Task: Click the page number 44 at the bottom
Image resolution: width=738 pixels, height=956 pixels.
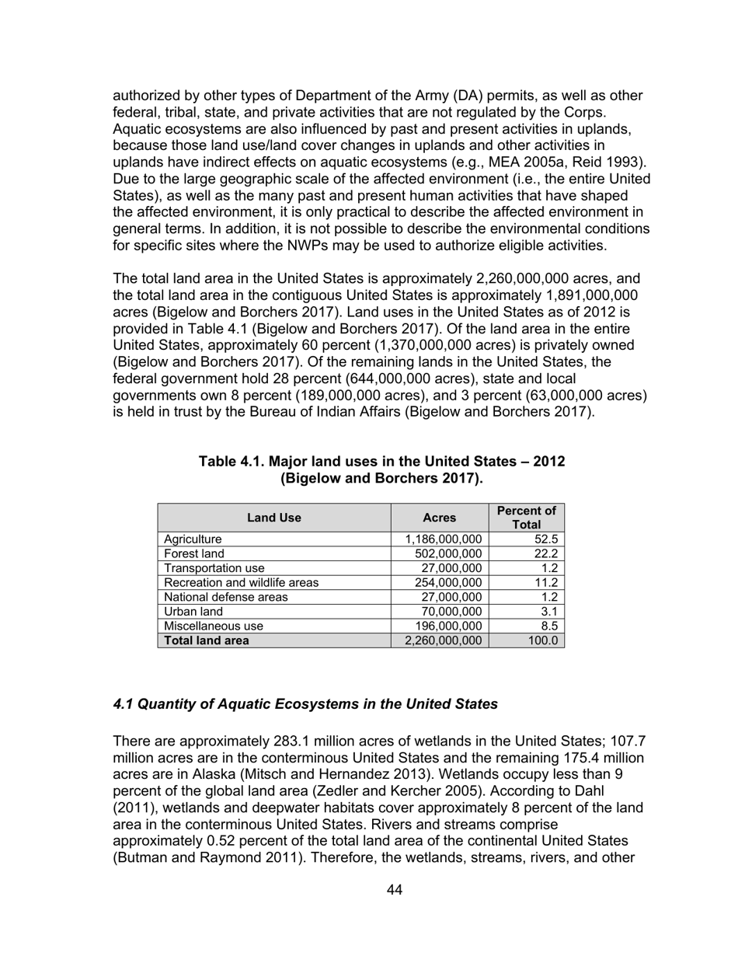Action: (x=394, y=889)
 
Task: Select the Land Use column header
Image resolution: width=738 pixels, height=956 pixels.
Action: (x=273, y=518)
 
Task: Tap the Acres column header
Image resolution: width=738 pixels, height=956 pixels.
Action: (x=439, y=518)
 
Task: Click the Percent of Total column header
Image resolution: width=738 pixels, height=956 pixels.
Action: (x=526, y=518)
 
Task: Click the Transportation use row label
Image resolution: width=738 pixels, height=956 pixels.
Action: (x=214, y=568)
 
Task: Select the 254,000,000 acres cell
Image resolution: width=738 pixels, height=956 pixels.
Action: (x=447, y=582)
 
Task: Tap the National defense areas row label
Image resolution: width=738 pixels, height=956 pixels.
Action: (x=225, y=597)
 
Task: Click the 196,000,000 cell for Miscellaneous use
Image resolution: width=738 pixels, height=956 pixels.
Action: (x=447, y=626)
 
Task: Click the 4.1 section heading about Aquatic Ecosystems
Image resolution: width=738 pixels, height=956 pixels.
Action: (x=305, y=704)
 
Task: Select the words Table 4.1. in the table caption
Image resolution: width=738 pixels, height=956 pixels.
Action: (x=231, y=462)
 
